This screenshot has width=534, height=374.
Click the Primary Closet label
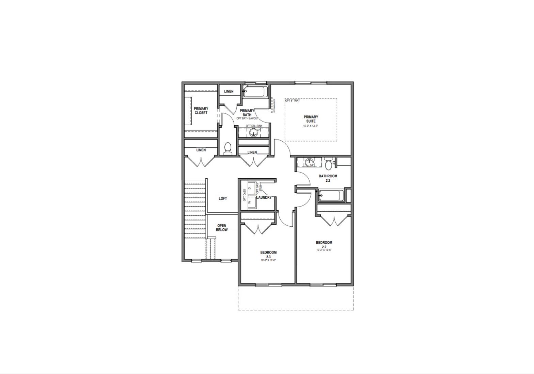click(x=201, y=111)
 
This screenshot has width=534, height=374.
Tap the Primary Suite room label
click(x=311, y=119)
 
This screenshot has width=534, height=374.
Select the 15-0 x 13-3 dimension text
click(x=311, y=126)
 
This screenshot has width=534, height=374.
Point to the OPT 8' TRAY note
click(x=293, y=101)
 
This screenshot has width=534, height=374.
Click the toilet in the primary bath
click(x=228, y=148)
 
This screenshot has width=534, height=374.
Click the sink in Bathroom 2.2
click(x=309, y=162)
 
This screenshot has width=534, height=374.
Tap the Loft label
click(x=223, y=198)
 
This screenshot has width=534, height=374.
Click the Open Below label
click(x=222, y=228)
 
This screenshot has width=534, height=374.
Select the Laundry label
click(x=264, y=198)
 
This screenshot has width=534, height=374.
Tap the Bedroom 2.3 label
click(x=268, y=254)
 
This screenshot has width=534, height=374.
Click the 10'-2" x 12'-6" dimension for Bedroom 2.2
click(x=324, y=250)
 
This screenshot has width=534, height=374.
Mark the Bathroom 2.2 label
click(x=328, y=178)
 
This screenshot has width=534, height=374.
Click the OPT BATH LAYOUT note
click(x=248, y=118)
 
